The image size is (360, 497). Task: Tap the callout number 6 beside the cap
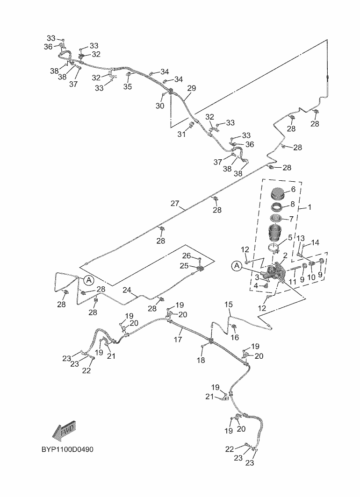click(x=293, y=189)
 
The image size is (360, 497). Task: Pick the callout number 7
click(x=291, y=219)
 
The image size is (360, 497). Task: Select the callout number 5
click(x=290, y=237)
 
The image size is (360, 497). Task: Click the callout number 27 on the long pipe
click(x=175, y=204)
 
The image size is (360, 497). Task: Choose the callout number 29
click(x=191, y=88)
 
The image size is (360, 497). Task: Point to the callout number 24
click(x=127, y=290)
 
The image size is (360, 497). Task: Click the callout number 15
click(x=229, y=305)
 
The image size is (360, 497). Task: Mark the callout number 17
click(x=178, y=340)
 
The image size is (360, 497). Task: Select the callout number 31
click(x=181, y=135)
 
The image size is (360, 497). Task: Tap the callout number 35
click(x=128, y=86)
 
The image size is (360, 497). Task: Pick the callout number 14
click(x=316, y=242)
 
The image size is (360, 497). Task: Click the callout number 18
click(x=201, y=360)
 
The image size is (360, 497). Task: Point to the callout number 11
click(x=292, y=282)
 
